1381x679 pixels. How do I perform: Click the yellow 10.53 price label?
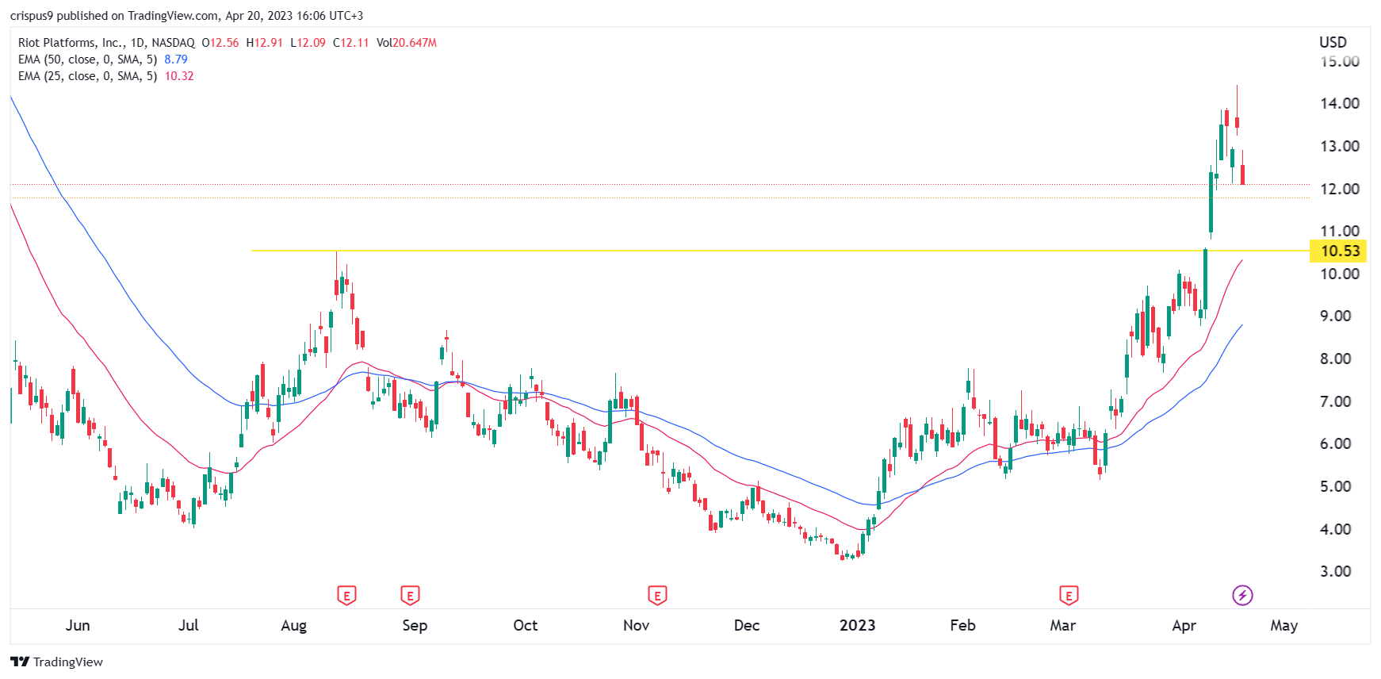click(1339, 251)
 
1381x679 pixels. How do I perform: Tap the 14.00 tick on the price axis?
click(1339, 103)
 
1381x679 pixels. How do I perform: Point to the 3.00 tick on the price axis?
click(1335, 571)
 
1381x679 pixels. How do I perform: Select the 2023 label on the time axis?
click(857, 625)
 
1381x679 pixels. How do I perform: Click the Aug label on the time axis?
click(293, 625)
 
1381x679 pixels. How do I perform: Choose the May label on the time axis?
click(1283, 625)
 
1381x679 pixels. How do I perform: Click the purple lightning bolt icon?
click(1241, 595)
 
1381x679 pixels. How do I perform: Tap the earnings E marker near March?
click(1068, 595)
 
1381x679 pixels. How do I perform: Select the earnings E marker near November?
click(656, 595)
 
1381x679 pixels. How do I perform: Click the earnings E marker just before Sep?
click(409, 595)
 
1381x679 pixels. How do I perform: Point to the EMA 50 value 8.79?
click(176, 59)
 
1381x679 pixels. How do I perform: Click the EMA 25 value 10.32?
click(179, 76)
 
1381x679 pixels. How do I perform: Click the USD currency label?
click(1333, 42)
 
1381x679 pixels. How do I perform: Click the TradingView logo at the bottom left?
click(57, 662)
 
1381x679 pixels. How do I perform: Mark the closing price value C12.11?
click(351, 43)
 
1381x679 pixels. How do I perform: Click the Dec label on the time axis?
click(746, 625)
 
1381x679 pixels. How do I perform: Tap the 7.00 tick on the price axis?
click(1335, 401)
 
